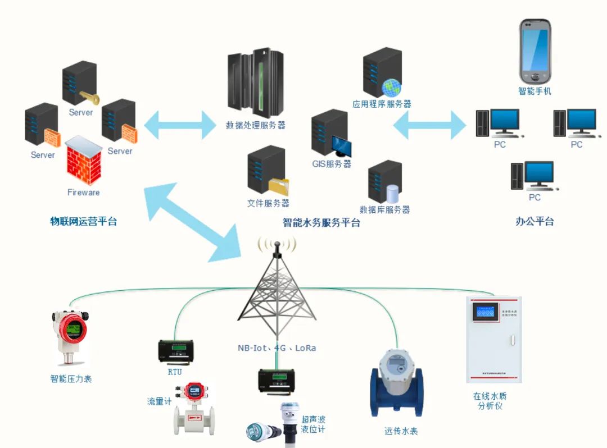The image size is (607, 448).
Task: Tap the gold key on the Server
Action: [x=90, y=98]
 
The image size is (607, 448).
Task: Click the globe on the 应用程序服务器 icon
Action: [x=392, y=88]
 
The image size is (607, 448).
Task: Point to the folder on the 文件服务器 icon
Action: [x=278, y=186]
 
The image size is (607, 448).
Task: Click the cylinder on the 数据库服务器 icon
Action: [x=392, y=193]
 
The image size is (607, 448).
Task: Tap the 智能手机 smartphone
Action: [x=534, y=51]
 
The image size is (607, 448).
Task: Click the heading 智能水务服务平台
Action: [x=321, y=222]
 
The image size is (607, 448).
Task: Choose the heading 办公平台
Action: [x=534, y=221]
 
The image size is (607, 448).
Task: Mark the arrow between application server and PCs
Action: [x=429, y=125]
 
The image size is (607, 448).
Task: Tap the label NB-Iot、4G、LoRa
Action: [x=277, y=348]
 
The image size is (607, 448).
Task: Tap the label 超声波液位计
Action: [x=313, y=424]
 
